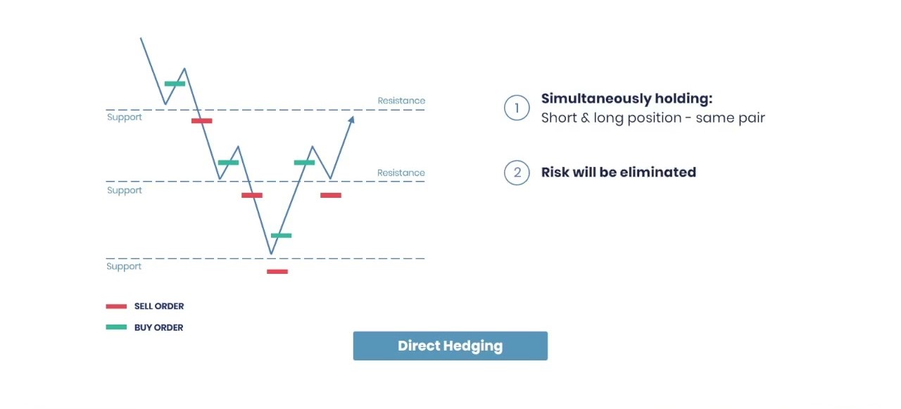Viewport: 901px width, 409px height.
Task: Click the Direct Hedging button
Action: pyautogui.click(x=450, y=346)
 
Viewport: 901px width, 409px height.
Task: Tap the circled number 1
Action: pyautogui.click(x=517, y=108)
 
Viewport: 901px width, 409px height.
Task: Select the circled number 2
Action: pyautogui.click(x=517, y=172)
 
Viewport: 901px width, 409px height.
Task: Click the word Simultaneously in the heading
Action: pyautogui.click(x=596, y=99)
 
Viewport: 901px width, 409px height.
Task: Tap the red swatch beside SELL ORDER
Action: pyautogui.click(x=116, y=306)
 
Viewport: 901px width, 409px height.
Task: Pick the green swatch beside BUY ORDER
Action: pyautogui.click(x=116, y=327)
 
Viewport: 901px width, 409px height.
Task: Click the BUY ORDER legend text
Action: pyautogui.click(x=158, y=328)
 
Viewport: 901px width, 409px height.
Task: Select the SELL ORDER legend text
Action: pyautogui.click(x=159, y=306)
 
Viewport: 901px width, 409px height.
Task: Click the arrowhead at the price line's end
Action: pyautogui.click(x=351, y=120)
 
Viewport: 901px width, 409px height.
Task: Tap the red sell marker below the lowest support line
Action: pyautogui.click(x=277, y=272)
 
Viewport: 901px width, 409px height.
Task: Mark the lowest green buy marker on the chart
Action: pyautogui.click(x=281, y=236)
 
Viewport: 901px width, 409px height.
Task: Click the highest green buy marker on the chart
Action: pyautogui.click(x=175, y=84)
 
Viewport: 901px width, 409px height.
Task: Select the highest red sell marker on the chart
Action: pyautogui.click(x=201, y=120)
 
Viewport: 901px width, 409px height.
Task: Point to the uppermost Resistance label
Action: pyautogui.click(x=401, y=101)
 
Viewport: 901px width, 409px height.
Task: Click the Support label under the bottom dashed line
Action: pyautogui.click(x=124, y=266)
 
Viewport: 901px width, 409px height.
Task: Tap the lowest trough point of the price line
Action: pyautogui.click(x=271, y=253)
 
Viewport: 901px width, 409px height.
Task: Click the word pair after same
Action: pyautogui.click(x=750, y=118)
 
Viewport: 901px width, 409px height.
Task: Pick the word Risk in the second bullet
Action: pyautogui.click(x=555, y=172)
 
